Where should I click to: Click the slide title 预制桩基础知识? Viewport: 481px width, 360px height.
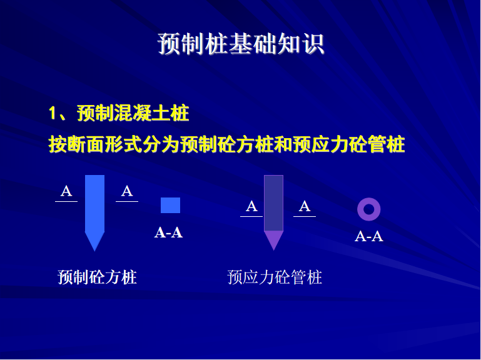point(241,44)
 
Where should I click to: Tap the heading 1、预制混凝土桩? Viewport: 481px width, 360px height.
point(119,113)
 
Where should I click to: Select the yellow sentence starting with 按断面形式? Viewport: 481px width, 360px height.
point(226,144)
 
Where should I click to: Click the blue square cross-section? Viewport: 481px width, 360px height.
point(170,205)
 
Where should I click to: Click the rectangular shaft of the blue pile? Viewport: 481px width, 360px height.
point(94,204)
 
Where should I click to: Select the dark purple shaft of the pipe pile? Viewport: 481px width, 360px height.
point(273,203)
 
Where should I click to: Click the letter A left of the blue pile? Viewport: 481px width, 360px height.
point(66,191)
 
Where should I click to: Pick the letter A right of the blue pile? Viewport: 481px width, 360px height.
point(127,191)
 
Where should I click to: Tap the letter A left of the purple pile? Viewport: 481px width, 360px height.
point(251,206)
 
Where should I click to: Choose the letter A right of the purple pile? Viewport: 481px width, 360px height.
point(305,206)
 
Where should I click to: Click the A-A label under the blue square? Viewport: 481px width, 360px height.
point(169,232)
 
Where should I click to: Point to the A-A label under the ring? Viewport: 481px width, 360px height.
point(369,236)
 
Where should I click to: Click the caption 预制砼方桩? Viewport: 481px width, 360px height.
point(97,277)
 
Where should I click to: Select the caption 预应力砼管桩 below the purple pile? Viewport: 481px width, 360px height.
point(275,277)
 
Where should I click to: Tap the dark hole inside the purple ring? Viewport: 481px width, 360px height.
point(369,209)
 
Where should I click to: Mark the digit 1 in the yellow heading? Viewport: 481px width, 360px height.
point(53,114)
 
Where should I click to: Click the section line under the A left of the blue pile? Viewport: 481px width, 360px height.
point(66,201)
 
